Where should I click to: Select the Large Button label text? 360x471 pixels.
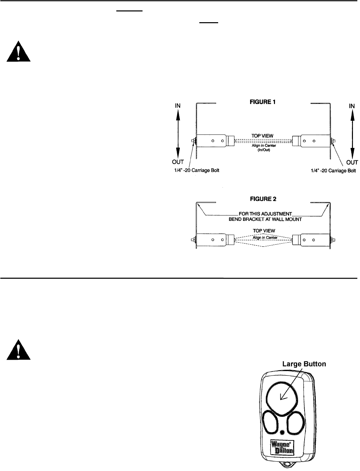304,364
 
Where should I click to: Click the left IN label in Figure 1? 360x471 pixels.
178,106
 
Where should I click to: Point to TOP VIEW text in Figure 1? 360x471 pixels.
263,135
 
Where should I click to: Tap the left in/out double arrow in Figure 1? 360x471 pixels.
178,133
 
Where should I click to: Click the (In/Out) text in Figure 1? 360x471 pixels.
263,150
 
